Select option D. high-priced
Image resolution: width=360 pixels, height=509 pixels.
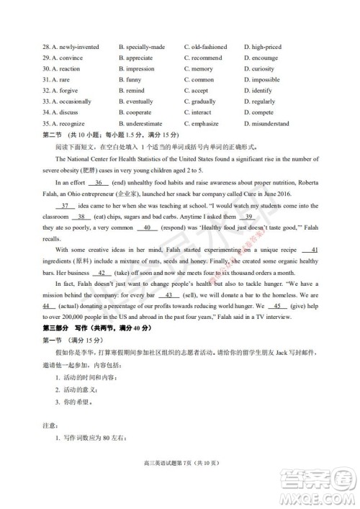pos(262,47)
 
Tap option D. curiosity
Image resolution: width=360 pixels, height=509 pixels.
pos(259,69)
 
